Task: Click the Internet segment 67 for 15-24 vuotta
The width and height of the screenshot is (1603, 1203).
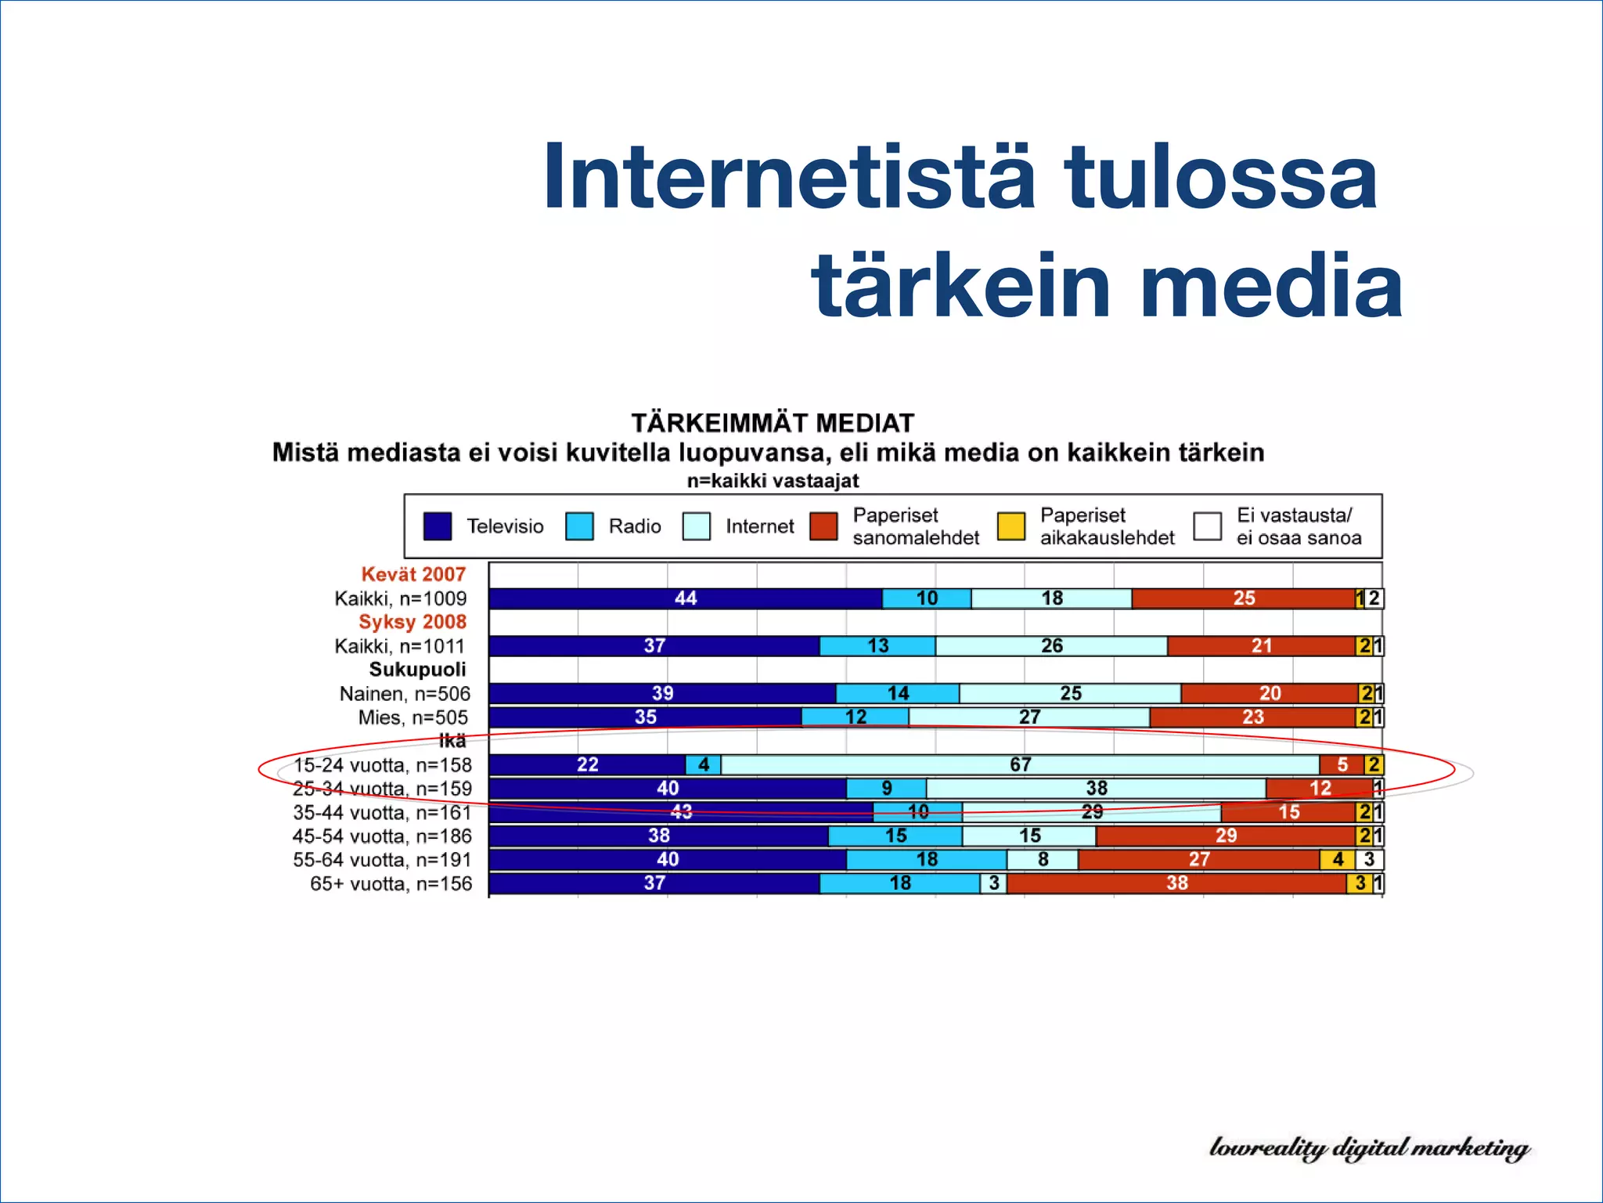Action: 1019,764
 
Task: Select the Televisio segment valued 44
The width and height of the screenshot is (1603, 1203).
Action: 685,598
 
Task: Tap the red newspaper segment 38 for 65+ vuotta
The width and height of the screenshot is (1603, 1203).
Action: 1176,883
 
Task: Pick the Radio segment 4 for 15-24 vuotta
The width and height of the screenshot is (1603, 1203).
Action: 703,764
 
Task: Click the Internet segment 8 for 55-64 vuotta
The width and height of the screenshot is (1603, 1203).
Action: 1043,859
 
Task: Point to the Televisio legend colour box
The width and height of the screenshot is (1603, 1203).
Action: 438,526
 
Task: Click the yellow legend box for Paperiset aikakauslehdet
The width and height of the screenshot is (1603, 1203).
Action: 1011,526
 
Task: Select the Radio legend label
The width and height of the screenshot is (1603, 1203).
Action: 635,526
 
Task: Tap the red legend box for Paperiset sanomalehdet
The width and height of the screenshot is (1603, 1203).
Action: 823,526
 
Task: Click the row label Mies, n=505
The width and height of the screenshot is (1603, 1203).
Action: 413,717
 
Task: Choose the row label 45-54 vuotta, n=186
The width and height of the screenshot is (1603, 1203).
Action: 382,836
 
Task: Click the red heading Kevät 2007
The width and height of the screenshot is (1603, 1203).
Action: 413,574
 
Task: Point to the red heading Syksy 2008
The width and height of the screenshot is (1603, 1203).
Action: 412,622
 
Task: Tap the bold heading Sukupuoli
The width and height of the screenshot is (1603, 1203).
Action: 417,670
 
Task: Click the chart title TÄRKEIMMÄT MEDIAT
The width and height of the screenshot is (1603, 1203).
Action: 773,423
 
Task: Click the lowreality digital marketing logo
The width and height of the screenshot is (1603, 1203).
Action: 1369,1148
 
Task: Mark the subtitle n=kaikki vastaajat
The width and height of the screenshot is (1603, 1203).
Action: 773,481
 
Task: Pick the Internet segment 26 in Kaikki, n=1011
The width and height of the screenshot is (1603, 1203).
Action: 1051,646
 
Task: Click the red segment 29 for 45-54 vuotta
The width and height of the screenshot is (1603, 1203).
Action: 1226,836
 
